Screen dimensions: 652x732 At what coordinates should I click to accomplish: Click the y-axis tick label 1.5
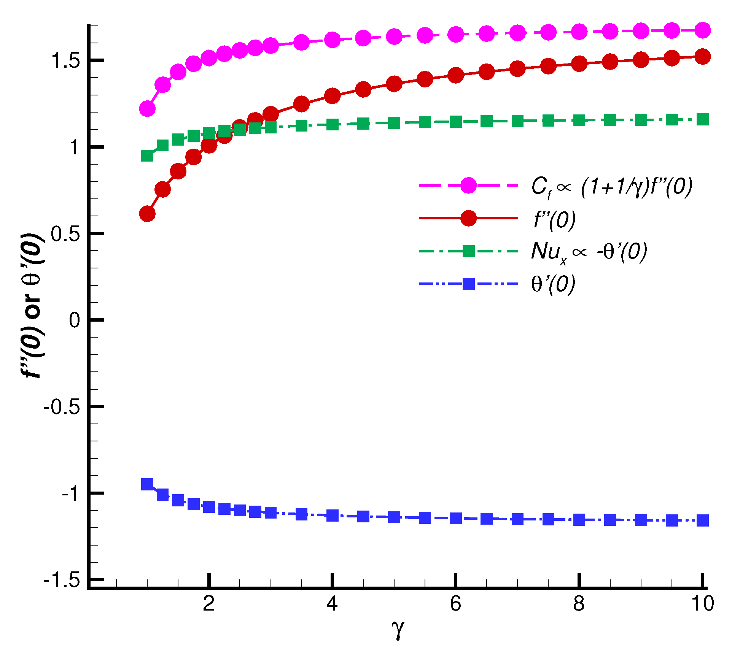click(65, 61)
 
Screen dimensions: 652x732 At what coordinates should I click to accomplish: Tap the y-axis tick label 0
click(75, 320)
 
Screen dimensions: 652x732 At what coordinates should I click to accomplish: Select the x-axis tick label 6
click(455, 603)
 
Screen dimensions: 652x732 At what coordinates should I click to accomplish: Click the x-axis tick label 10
click(702, 603)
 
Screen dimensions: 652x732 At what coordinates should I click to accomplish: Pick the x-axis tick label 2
click(208, 603)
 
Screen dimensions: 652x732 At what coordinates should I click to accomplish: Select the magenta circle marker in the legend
click(468, 185)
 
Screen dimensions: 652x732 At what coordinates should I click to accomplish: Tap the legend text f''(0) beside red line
click(554, 219)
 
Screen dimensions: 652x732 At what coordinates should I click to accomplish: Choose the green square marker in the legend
click(468, 251)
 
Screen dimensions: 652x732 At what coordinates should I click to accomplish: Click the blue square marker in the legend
click(468, 284)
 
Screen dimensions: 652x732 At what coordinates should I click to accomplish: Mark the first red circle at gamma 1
click(147, 214)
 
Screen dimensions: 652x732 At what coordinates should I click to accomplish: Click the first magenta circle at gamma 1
click(147, 109)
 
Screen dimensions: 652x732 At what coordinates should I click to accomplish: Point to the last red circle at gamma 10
click(702, 57)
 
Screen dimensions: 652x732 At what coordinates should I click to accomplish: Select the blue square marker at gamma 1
click(147, 484)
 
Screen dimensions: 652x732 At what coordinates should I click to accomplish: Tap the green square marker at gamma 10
click(702, 120)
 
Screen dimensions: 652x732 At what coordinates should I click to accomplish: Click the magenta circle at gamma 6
click(455, 35)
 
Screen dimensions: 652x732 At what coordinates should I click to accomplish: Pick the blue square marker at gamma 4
click(332, 516)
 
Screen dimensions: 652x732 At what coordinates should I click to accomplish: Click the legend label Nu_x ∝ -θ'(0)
click(589, 252)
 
